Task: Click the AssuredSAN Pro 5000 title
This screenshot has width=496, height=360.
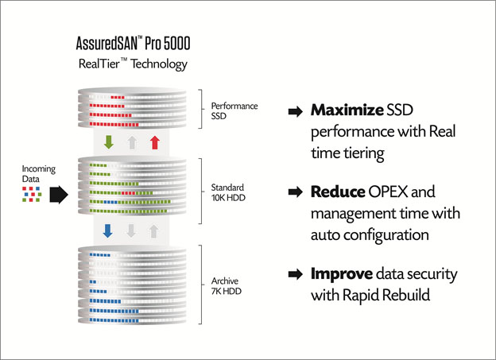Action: (x=133, y=44)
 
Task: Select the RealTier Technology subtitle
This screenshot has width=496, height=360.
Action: (x=133, y=64)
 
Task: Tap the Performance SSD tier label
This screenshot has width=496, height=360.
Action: (x=234, y=110)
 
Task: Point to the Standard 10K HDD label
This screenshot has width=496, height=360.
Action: (x=228, y=192)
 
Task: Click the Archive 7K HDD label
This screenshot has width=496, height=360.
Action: (x=227, y=286)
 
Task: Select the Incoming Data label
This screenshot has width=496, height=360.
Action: (x=39, y=174)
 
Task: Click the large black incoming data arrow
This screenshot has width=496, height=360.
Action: (x=59, y=194)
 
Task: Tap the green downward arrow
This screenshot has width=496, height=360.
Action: (x=108, y=142)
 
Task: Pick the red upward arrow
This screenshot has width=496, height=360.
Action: (x=155, y=142)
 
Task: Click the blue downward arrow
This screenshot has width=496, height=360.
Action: (x=107, y=231)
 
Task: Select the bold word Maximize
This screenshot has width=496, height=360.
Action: (x=347, y=110)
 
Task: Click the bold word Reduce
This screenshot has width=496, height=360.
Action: (x=338, y=192)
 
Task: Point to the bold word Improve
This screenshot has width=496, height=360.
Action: (x=342, y=273)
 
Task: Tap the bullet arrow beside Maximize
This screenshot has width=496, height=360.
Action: (x=296, y=111)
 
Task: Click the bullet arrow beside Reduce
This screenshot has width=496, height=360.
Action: (x=296, y=192)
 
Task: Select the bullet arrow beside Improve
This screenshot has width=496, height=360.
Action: (x=296, y=274)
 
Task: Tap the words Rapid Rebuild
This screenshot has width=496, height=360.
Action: (x=386, y=296)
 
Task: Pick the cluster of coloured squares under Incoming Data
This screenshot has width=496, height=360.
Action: (x=32, y=194)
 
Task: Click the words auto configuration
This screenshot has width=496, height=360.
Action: (x=370, y=235)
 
